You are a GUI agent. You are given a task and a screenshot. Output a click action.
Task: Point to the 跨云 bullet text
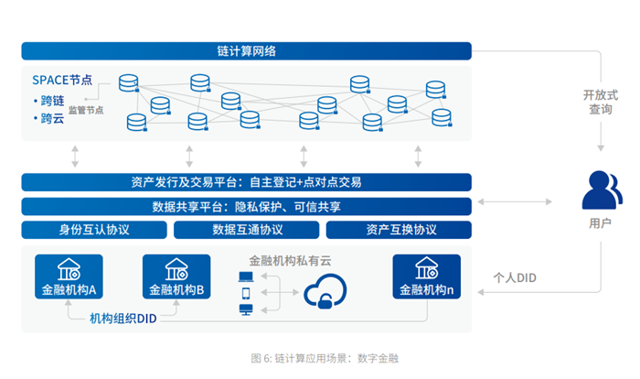(49, 118)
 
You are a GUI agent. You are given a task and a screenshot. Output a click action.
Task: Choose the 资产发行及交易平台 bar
(246, 182)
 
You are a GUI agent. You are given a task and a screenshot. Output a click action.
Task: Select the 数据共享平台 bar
(246, 206)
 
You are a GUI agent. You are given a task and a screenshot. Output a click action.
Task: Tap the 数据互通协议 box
(247, 230)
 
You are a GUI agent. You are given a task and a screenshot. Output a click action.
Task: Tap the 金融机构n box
(425, 276)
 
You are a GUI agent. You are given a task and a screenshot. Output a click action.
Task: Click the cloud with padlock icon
(325, 295)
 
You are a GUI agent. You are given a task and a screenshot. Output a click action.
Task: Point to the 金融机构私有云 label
(290, 260)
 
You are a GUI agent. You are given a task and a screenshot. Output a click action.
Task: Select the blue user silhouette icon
(601, 191)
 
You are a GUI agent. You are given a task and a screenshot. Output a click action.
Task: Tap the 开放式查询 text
(601, 102)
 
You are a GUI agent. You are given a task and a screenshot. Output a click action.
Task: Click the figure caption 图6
(319, 357)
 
